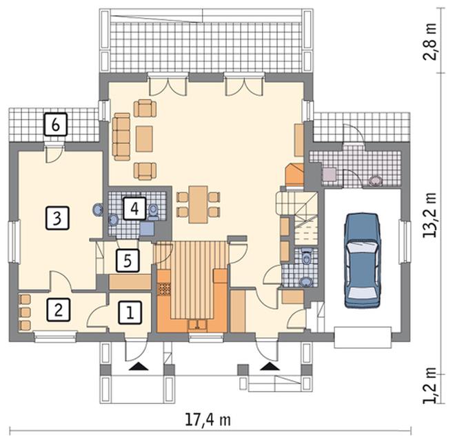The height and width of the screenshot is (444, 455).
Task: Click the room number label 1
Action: coord(130,312)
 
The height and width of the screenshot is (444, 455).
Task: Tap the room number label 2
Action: coord(59,310)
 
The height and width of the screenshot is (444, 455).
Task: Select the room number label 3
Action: coord(57,218)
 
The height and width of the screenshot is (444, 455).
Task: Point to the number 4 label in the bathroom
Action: coord(134,208)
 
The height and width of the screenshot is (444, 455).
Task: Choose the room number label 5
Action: coord(128,261)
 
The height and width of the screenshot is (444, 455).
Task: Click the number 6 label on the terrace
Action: coord(56,125)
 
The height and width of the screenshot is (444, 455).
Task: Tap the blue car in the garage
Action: coord(362,261)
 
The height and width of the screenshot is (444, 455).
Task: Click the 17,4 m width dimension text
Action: coord(208,420)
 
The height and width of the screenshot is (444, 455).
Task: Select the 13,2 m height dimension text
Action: coord(429,215)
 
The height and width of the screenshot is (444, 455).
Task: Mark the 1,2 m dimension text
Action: coord(429,385)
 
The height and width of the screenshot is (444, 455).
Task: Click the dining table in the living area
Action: coord(198,205)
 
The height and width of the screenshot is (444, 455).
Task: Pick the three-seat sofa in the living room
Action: coord(121,137)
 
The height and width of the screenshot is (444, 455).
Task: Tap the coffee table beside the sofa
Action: coord(144,139)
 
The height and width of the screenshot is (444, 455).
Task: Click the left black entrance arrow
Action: coord(139,367)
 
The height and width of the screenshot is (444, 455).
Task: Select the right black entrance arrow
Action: coord(270,367)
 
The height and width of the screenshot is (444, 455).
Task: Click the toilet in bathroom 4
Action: coord(153,212)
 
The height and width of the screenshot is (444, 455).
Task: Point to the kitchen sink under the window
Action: coord(197,325)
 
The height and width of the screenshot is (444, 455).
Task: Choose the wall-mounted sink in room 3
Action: coord(98,210)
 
